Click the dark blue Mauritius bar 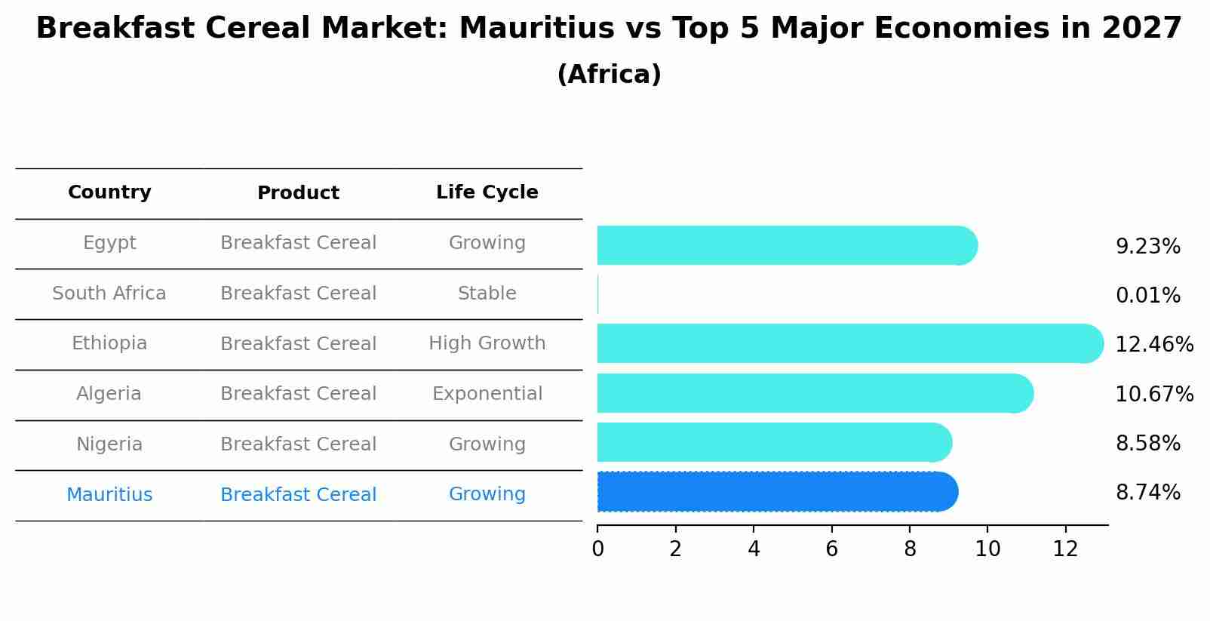pos(777,492)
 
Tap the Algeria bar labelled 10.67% pos(815,393)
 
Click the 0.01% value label pos(1147,296)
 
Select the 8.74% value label pos(1147,493)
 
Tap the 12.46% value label pos(1153,345)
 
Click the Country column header pos(109,192)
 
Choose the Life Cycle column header pos(487,192)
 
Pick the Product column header pos(298,193)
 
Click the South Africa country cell pos(109,294)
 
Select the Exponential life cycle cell pos(487,394)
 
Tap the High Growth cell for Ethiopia pos(487,343)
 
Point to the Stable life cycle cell pos(487,294)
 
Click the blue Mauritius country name pos(109,495)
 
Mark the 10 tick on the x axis pos(987,549)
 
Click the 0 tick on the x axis pos(597,549)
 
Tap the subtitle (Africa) pos(609,75)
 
